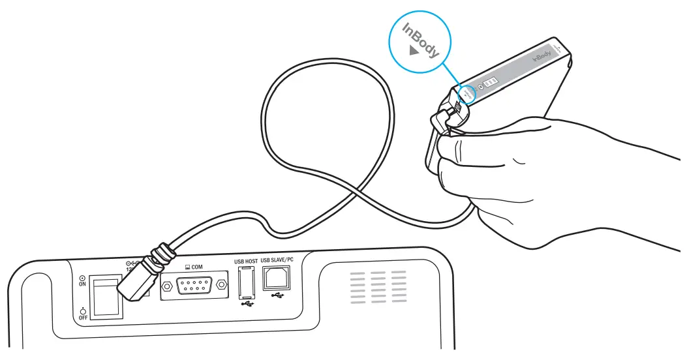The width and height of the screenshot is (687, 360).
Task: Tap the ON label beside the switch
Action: pos(82,281)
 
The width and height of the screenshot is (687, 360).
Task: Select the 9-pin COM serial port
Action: pos(194,286)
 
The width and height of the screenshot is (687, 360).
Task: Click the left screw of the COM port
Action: pos(168,286)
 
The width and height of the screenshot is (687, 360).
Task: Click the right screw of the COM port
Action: pos(221,286)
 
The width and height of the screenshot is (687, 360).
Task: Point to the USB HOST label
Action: pos(245,262)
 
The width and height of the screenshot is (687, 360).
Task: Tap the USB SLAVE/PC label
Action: pos(278,262)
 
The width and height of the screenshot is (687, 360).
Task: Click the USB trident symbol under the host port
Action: pos(246,303)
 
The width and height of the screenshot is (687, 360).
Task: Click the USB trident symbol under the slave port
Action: pos(278,297)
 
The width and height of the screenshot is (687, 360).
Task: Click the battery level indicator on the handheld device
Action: pos(491,83)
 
